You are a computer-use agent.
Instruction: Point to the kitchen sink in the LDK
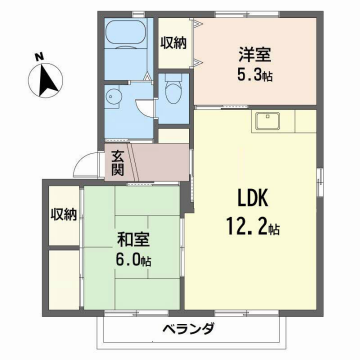click(x=269, y=122)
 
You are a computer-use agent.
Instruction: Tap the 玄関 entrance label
click(x=117, y=161)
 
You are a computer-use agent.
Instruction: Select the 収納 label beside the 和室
click(x=65, y=213)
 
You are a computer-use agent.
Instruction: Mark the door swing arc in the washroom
click(x=145, y=108)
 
